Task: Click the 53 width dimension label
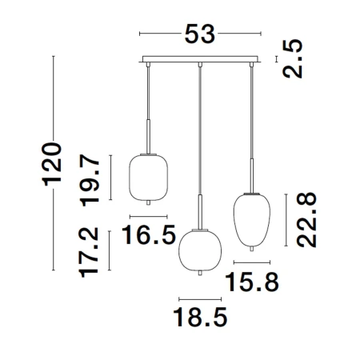(x=200, y=34)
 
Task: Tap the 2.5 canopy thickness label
(x=293, y=58)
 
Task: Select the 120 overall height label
(x=52, y=164)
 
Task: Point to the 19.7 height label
(x=90, y=180)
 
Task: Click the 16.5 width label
(x=149, y=234)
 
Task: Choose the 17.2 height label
(x=89, y=252)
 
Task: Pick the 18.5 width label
(x=200, y=317)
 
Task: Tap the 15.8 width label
(x=252, y=282)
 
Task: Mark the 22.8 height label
(x=306, y=220)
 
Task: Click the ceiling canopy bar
(x=200, y=59)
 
